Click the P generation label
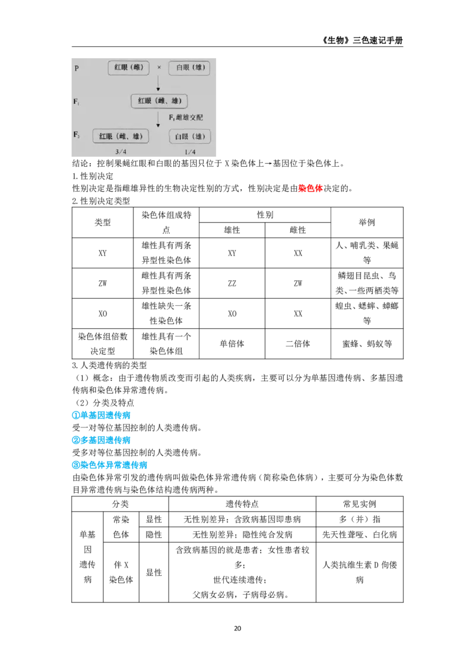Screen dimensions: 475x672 [76, 68]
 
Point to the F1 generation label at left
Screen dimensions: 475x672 [76, 102]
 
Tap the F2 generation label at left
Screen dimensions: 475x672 [76, 136]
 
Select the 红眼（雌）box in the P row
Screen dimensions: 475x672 [128, 68]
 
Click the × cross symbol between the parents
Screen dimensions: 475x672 [159, 68]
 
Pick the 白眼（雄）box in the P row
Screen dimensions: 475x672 [189, 68]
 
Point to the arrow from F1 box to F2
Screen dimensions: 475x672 [158, 118]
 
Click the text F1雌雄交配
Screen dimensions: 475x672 [186, 118]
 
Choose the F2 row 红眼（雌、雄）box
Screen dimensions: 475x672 [121, 137]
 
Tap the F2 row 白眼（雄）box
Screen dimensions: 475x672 [189, 137]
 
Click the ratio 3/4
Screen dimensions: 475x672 [121, 152]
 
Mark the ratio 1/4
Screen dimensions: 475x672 [190, 152]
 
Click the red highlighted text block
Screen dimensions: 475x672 [309, 189]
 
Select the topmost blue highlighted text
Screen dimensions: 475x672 [102, 416]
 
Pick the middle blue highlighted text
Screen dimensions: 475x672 [102, 440]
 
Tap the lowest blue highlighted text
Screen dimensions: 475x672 [109, 466]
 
